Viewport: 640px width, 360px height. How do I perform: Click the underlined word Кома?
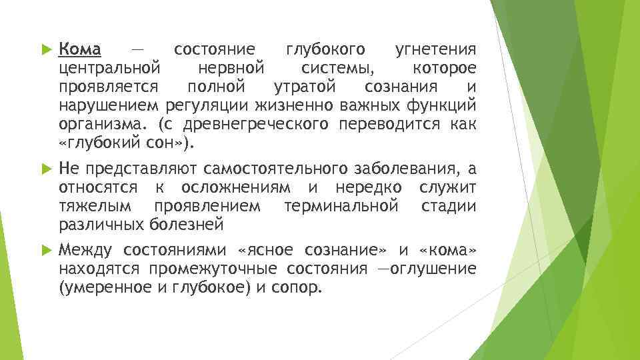coord(80,49)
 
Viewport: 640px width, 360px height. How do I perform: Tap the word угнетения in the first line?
coord(435,49)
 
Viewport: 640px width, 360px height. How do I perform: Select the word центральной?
coord(109,68)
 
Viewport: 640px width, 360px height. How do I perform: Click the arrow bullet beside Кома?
coord(45,50)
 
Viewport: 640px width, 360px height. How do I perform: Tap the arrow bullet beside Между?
coord(45,251)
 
